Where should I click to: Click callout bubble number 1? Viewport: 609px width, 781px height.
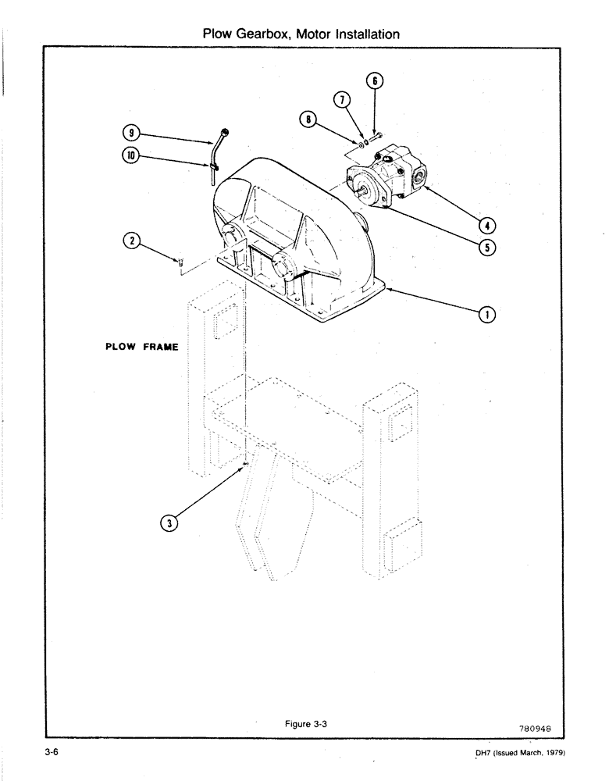[487, 315]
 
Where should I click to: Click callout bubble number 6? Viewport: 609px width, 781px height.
[375, 80]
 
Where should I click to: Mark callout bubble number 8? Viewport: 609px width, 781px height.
[308, 119]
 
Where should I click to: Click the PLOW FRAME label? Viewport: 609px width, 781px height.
[141, 348]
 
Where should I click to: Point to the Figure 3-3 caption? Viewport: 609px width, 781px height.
[305, 724]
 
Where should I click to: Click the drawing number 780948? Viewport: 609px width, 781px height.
[535, 726]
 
